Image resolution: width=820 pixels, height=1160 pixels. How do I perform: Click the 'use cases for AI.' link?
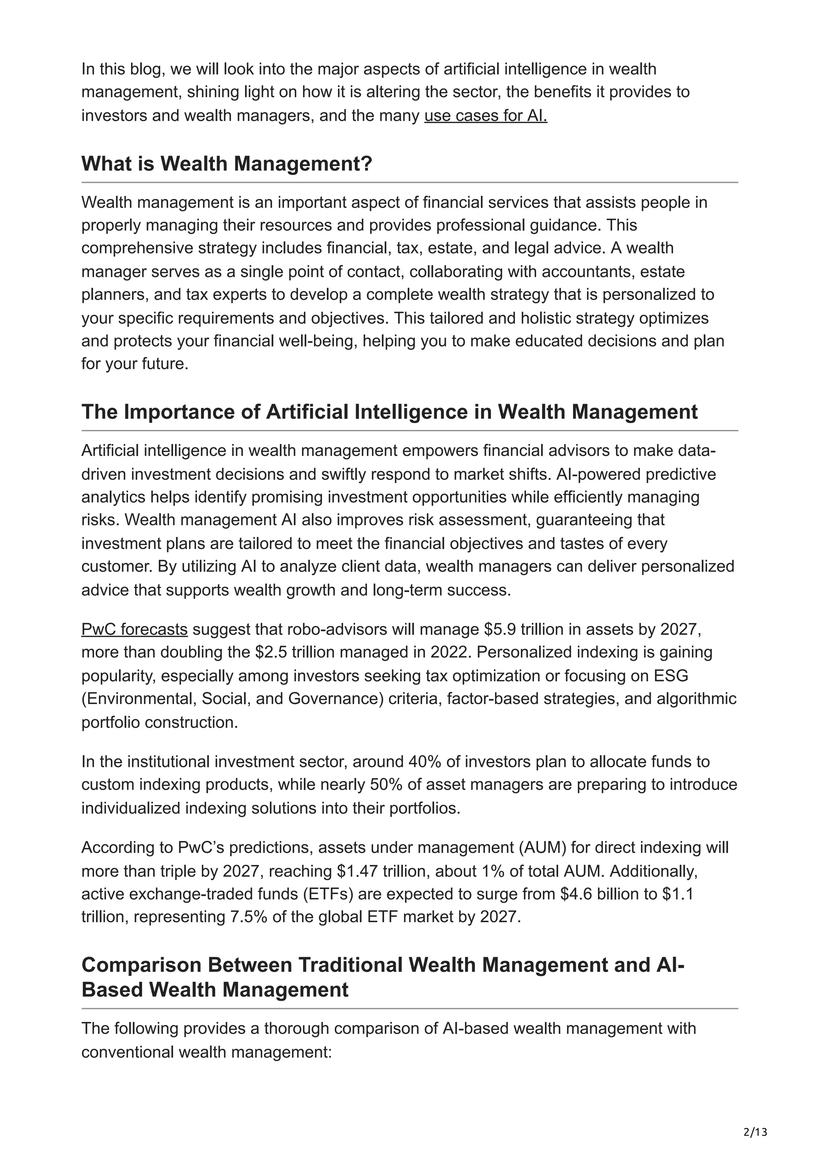coord(486,116)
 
